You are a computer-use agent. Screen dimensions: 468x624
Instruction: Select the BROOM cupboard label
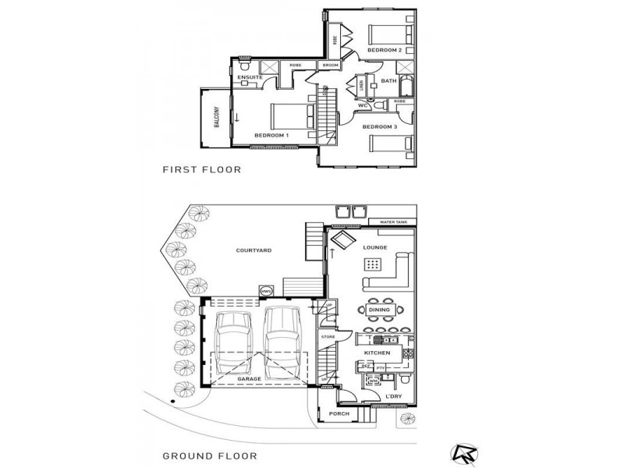point(330,66)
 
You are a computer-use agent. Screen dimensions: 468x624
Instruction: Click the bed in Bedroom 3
point(388,146)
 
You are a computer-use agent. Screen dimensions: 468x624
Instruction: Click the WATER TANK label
point(392,222)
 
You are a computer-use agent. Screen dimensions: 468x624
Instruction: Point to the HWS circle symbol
point(264,292)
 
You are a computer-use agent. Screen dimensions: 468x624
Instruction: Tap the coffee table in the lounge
point(373,264)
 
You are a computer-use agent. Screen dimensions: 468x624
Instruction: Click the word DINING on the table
point(380,310)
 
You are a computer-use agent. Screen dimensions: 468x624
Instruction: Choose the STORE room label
point(328,337)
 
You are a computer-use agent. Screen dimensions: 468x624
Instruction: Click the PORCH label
point(339,413)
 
